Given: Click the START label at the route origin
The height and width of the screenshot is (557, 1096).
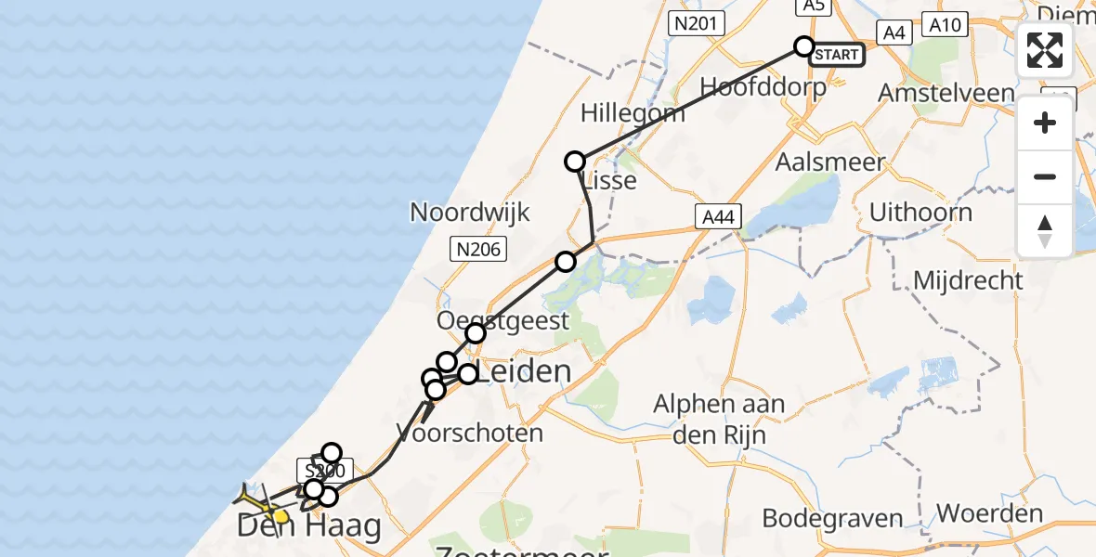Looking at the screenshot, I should (837, 55).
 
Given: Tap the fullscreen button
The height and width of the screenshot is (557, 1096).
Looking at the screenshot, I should (1045, 50).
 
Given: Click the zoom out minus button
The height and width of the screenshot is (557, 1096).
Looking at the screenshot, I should (1045, 176).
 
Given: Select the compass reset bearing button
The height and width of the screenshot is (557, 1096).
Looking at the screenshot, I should (1045, 230).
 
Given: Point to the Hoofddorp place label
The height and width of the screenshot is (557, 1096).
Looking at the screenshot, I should (763, 86).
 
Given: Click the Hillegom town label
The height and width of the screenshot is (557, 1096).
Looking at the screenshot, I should (633, 113).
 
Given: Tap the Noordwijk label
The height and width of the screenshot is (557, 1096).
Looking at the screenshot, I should (470, 212).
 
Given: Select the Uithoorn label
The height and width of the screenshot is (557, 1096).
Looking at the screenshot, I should (920, 212).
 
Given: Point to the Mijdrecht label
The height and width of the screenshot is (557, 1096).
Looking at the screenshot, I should (968, 279).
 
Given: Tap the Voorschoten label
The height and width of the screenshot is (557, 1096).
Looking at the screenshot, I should (469, 433).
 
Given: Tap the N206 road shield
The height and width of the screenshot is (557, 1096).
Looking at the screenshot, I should (477, 248).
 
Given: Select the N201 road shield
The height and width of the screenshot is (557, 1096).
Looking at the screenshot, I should (696, 23).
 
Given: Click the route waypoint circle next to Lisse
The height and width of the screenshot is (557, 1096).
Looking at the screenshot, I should (575, 162).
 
